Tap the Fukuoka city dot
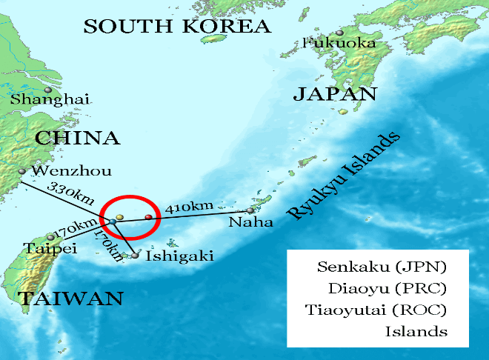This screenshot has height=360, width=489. pos(339,33)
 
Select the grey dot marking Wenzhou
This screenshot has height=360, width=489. pos(22,171)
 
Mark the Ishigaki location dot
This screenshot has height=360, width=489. pos(135,256)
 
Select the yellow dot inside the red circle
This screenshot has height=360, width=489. pos(119,217)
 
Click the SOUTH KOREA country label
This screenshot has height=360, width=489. pos(177,27)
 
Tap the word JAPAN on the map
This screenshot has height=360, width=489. pos(335,94)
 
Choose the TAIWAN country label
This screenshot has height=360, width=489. pos(71,299)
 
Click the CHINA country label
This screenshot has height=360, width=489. pos(77,139)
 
